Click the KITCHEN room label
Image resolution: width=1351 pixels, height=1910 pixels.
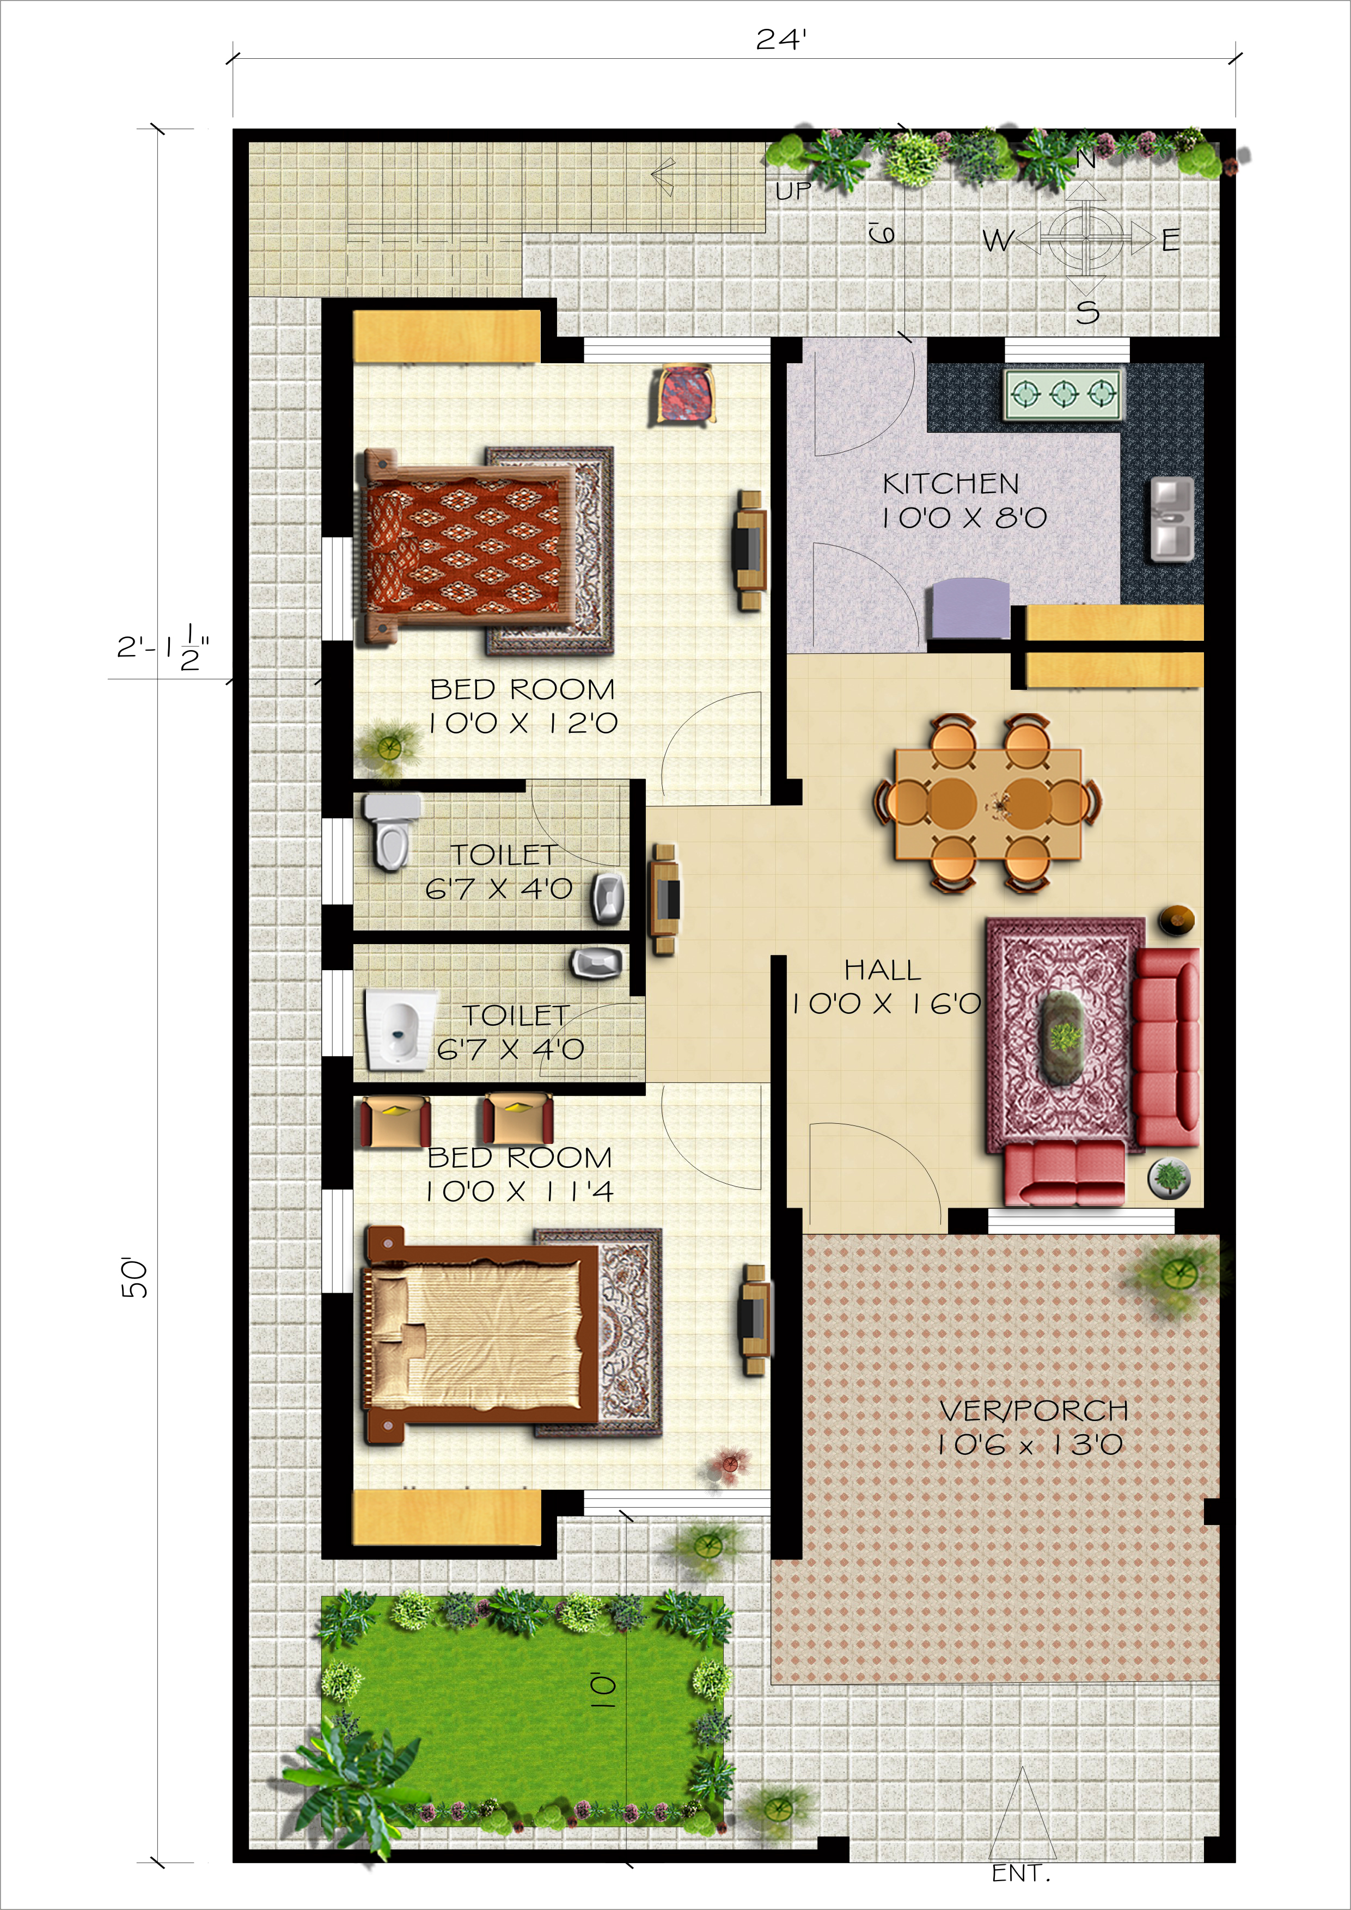(x=951, y=483)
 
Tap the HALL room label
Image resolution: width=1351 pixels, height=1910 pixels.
(x=883, y=970)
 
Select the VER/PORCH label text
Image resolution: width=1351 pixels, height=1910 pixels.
(x=1033, y=1410)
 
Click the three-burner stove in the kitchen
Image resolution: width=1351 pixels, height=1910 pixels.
(x=1063, y=394)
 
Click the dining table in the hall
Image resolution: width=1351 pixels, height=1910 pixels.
(x=987, y=804)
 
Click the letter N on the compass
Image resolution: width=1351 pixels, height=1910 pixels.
(x=1086, y=159)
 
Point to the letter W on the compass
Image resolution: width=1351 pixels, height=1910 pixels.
(x=998, y=241)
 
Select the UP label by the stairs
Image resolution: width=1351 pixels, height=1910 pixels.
(x=793, y=191)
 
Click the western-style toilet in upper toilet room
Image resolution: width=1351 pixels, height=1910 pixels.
(x=393, y=830)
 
